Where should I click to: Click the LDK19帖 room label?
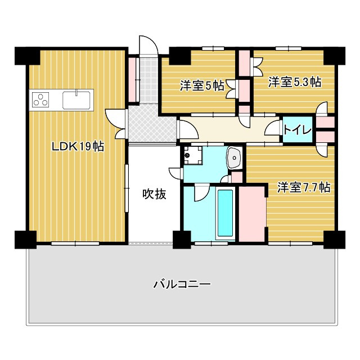(78, 147)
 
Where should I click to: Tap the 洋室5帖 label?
(202, 85)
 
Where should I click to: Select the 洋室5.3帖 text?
(294, 82)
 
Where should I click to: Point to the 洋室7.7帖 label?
(303, 188)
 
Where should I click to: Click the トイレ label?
(297, 130)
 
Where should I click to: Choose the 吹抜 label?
(154, 195)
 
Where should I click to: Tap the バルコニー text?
(182, 284)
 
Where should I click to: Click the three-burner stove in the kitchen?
(41, 101)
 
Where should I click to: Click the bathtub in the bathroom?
(225, 214)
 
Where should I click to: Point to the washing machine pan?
(193, 155)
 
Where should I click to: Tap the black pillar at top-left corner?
(26, 56)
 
